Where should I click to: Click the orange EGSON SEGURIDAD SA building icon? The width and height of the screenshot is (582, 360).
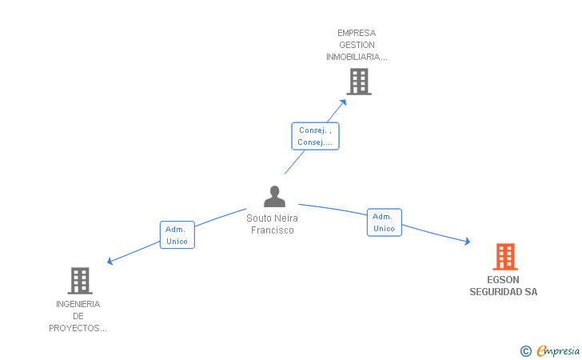(504, 257)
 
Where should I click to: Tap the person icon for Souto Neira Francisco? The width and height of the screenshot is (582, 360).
(274, 197)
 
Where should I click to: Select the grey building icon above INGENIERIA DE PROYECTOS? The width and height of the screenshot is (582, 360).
(79, 281)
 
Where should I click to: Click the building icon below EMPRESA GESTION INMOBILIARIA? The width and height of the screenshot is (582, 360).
(359, 82)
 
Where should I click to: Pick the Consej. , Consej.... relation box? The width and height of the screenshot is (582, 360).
(315, 136)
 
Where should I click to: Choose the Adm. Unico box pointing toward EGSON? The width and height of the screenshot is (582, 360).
(384, 222)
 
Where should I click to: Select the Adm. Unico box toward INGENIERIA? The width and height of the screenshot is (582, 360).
(177, 235)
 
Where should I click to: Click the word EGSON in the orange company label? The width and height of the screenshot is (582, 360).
(503, 280)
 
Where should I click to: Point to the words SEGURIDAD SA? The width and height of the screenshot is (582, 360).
(503, 292)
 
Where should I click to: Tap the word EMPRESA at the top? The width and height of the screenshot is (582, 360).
(357, 33)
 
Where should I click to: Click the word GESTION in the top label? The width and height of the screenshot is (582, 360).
(357, 45)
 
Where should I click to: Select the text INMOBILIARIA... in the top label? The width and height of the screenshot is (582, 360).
(357, 57)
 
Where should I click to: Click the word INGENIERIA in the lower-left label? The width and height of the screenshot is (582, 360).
(78, 304)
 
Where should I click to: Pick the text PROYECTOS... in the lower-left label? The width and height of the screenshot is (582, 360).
(78, 328)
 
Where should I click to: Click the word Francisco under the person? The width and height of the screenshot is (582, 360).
(273, 230)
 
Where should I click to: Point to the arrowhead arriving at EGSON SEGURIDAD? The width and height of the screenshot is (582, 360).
(466, 241)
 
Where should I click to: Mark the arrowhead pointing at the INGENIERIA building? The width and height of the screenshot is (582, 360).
(111, 261)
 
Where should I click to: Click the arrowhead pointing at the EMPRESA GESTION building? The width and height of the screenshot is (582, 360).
(343, 101)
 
